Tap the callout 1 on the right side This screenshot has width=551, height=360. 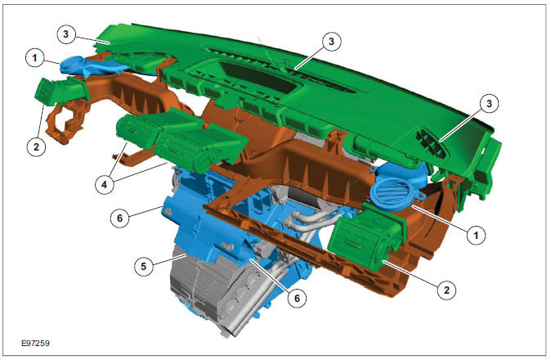[472, 233]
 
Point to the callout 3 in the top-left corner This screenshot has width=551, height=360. [67, 34]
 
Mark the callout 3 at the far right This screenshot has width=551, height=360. [489, 104]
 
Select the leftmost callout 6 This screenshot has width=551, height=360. [119, 218]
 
